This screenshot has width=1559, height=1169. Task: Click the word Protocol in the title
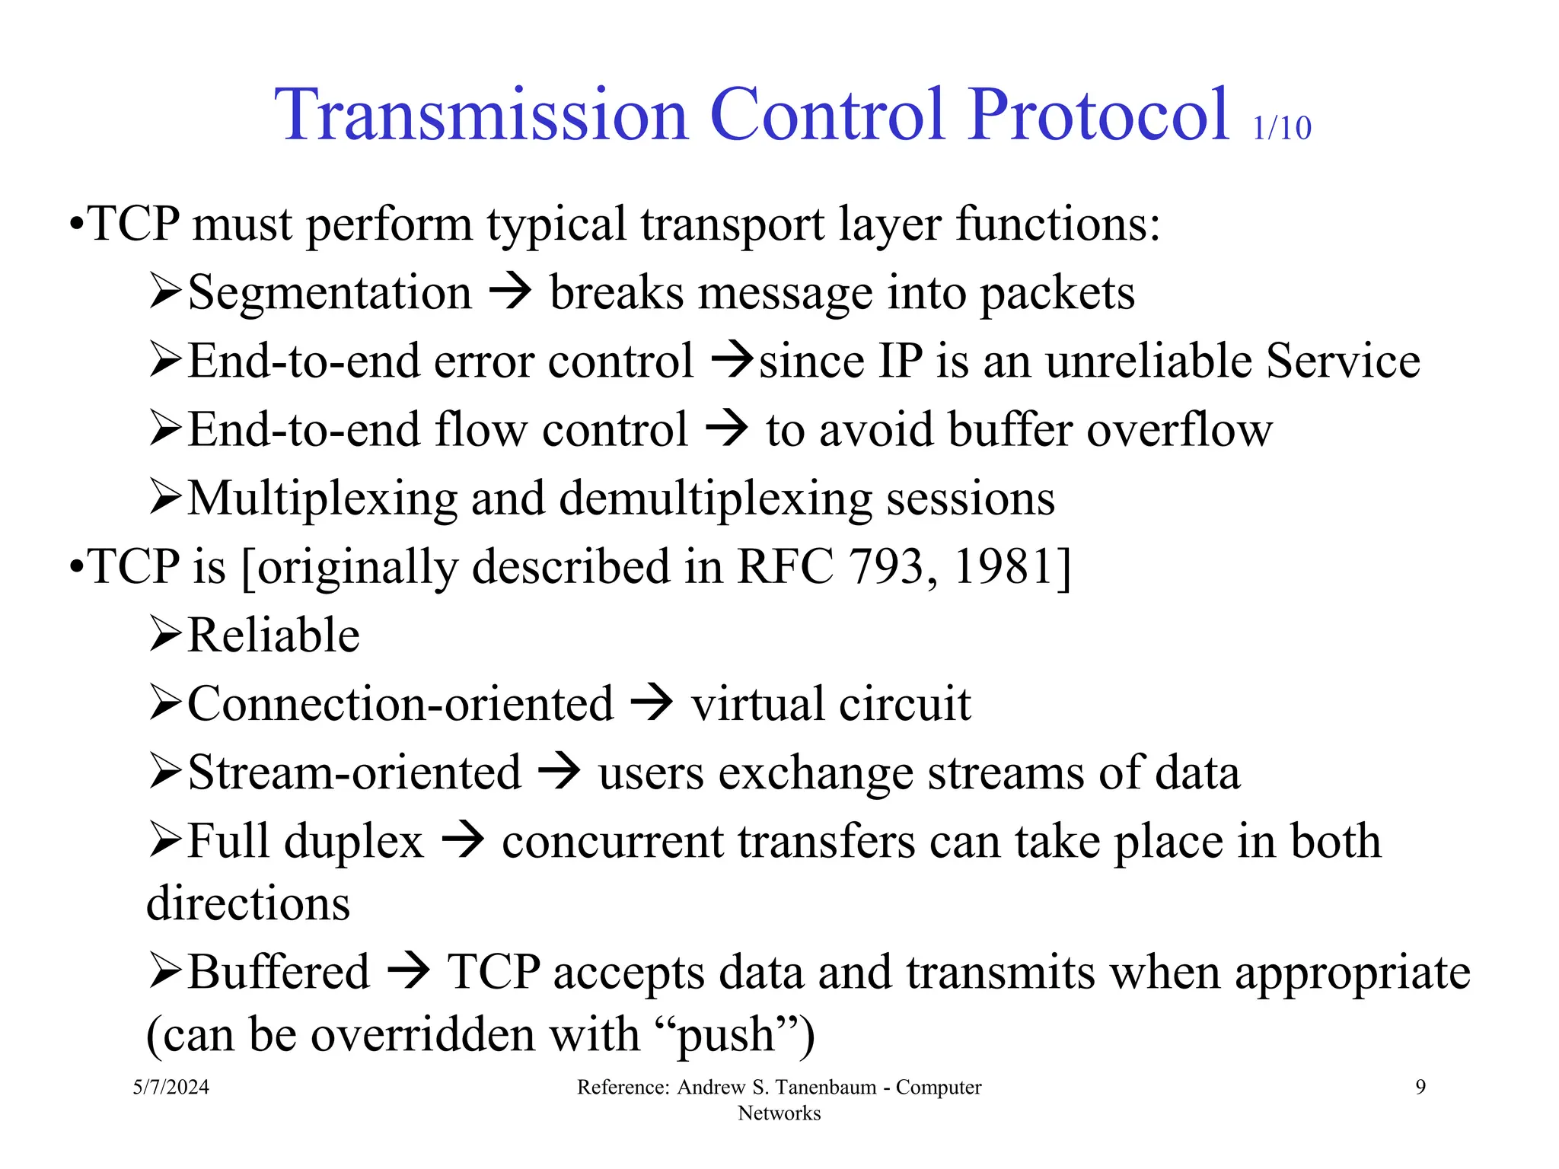tap(1098, 116)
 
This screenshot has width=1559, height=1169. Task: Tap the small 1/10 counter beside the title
tap(1282, 129)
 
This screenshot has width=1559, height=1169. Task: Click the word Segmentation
tap(330, 293)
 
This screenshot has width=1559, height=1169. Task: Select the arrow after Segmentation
tap(510, 291)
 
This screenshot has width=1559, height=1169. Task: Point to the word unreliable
tap(1148, 361)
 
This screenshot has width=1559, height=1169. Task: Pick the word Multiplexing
tap(322, 499)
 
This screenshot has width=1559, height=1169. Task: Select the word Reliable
tap(273, 635)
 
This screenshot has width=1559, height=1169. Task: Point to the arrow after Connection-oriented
tap(652, 703)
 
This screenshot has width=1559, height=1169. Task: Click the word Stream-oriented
tap(354, 772)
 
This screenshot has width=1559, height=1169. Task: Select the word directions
tap(248, 904)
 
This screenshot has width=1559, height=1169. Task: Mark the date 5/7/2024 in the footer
tap(171, 1087)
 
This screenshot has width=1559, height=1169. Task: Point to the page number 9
tap(1420, 1087)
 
